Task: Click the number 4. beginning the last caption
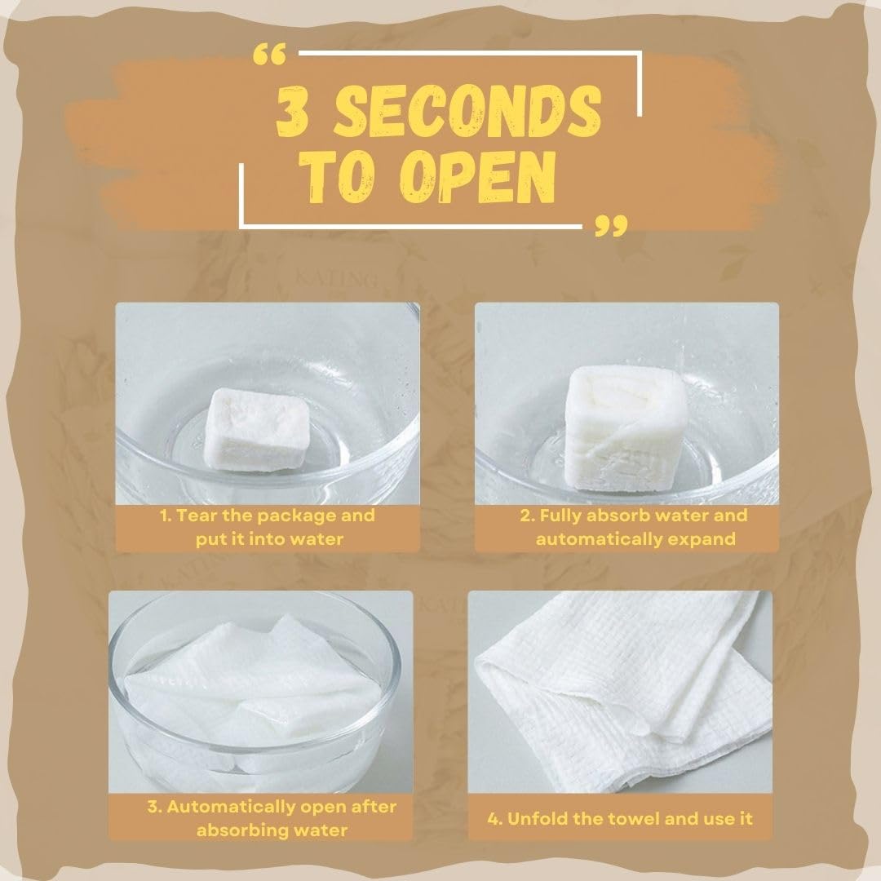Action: pos(495,819)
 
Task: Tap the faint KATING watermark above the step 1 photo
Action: pos(336,279)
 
